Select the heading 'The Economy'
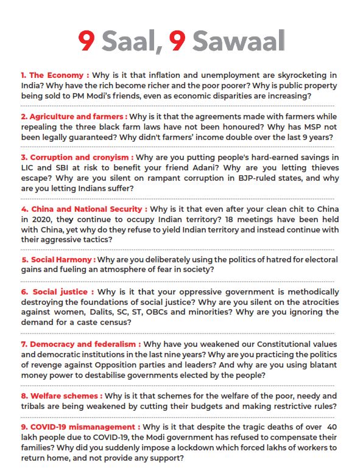pyautogui.click(x=54, y=75)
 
